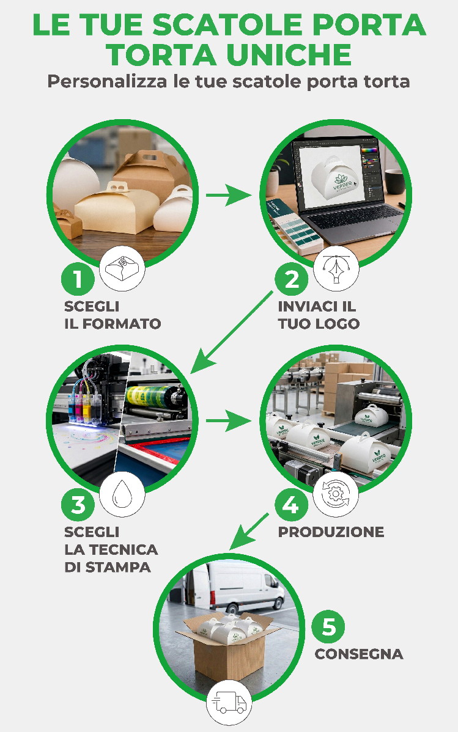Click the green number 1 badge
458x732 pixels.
78,279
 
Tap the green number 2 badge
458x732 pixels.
291,279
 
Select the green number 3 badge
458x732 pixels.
78,505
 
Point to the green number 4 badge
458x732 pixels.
291,505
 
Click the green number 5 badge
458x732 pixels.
328,627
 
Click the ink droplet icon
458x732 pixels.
122,494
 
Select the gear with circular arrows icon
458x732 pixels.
336,494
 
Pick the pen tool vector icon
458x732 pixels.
336,269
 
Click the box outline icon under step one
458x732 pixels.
122,268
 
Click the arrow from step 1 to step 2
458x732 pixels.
229,195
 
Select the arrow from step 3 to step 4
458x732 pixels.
229,420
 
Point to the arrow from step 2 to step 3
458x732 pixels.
231,332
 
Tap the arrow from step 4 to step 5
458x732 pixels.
249,532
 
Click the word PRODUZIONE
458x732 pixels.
331,532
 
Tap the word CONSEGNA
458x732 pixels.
359,654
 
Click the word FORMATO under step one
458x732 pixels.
122,323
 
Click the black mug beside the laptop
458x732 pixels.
396,181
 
